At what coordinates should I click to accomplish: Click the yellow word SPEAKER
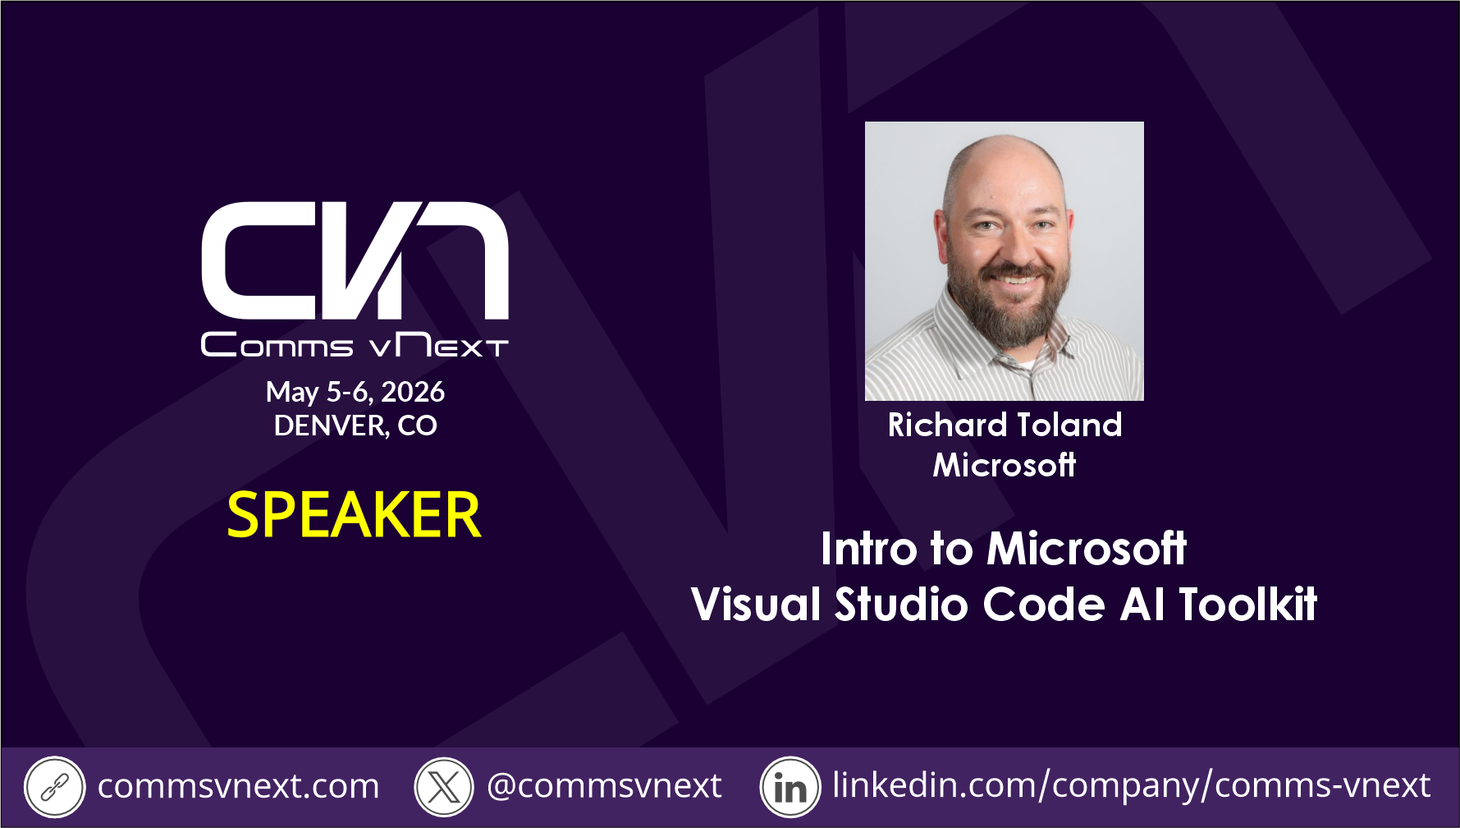coord(354,515)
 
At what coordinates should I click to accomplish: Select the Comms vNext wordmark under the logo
coord(355,344)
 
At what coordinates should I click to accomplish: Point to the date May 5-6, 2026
coord(355,392)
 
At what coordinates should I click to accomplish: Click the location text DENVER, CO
coord(355,425)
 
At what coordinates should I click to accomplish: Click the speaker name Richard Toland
coord(1005,425)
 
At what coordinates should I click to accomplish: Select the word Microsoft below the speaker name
coord(1005,465)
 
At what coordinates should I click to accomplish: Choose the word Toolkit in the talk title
coord(1247,605)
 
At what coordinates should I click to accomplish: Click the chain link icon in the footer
coord(54,787)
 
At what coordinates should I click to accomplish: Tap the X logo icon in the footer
coord(444,787)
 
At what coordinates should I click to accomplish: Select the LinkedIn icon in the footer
coord(790,787)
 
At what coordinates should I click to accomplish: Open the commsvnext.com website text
coord(239,787)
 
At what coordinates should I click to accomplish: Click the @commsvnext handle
coord(604,787)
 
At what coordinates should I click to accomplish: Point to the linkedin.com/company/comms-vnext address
coord(1132,786)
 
